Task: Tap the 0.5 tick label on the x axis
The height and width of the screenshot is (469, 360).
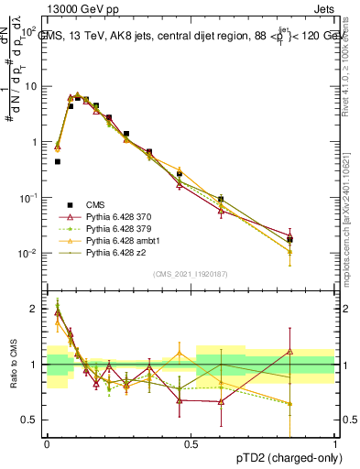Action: [191, 443]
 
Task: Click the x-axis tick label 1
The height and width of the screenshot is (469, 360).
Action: [335, 443]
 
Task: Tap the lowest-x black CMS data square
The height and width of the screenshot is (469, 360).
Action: [58, 161]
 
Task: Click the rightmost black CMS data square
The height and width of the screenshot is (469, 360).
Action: [289, 240]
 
